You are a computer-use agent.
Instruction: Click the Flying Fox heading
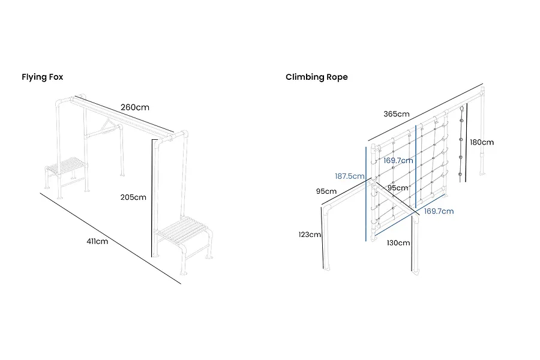43,77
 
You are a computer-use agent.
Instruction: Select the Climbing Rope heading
316,77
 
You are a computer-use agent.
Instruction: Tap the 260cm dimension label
135,107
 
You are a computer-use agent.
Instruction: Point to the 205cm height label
133,197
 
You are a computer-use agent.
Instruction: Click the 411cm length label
97,241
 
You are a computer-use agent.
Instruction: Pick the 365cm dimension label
397,114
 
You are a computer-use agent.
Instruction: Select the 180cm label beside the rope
482,142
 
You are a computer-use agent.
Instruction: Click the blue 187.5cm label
350,176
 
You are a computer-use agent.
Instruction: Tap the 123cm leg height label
310,235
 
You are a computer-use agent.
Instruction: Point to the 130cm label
398,243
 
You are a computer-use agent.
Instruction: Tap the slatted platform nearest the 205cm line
184,230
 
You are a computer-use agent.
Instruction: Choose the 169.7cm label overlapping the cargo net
398,161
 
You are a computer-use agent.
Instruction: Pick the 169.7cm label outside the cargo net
439,211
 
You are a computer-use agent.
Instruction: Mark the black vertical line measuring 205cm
152,198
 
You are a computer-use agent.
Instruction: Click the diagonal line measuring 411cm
110,238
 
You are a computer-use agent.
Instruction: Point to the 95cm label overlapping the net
398,188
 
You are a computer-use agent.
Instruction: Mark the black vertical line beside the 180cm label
466,143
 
